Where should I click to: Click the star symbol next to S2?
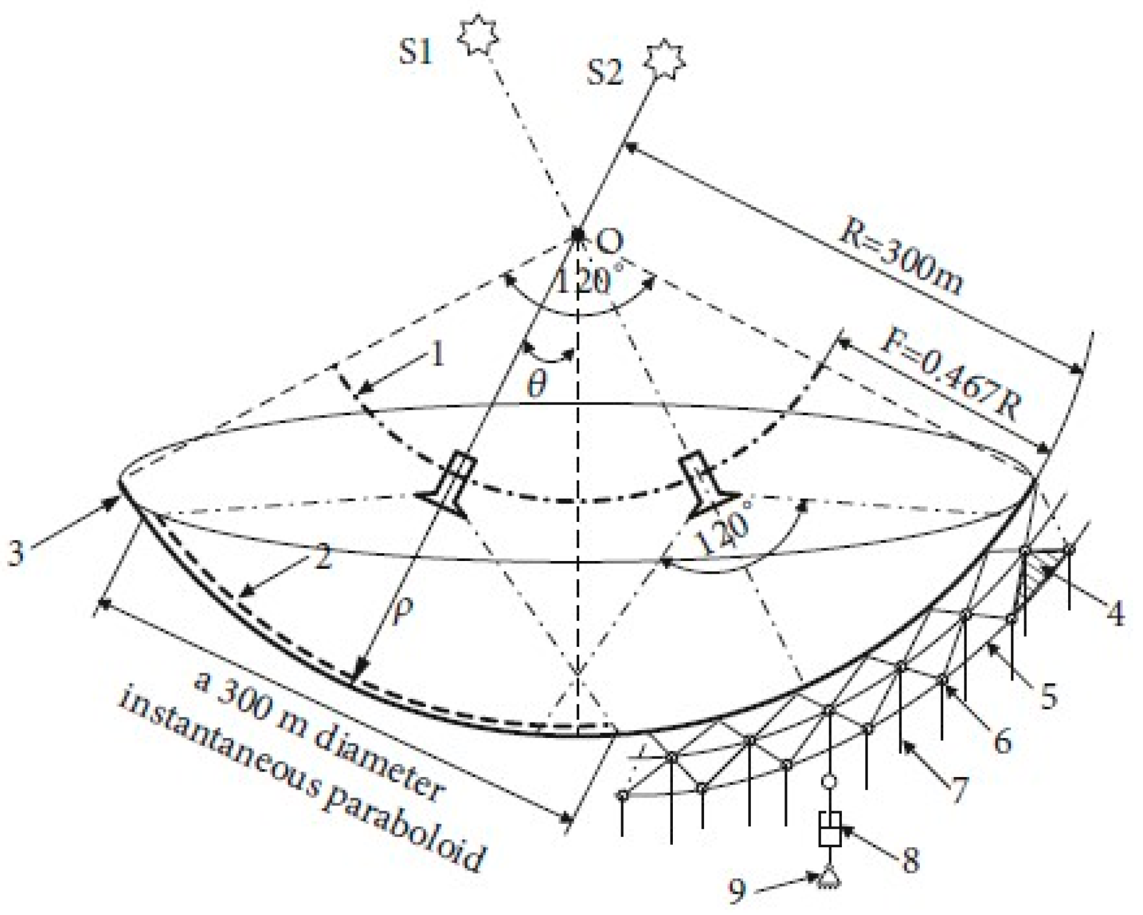click(664, 60)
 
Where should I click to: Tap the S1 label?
click(416, 52)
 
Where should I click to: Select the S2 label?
click(604, 73)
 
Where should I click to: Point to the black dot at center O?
click(577, 234)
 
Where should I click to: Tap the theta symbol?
click(537, 384)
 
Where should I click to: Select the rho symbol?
click(402, 611)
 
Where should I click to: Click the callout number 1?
click(438, 354)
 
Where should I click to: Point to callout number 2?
click(323, 558)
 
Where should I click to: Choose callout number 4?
click(1114, 613)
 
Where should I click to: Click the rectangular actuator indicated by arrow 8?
click(829, 829)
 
